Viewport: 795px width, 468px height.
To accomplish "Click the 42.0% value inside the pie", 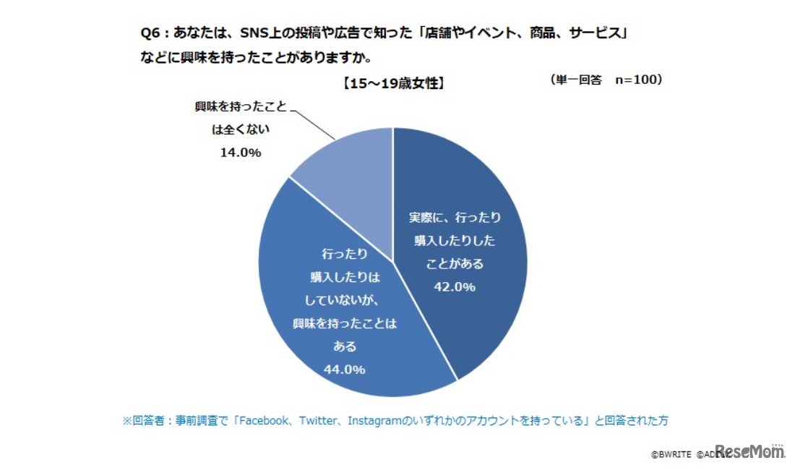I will coord(454,287).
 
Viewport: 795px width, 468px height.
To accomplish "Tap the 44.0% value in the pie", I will coord(344,370).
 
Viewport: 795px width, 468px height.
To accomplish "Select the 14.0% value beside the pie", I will coord(241,153).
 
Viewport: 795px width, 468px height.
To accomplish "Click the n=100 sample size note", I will coord(638,80).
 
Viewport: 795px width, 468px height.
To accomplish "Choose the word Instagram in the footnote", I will coord(371,420).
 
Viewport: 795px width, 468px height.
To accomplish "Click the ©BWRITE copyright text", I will coord(671,455).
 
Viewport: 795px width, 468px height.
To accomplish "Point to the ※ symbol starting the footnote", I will coord(126,420).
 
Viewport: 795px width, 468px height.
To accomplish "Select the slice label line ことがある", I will coord(454,263).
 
